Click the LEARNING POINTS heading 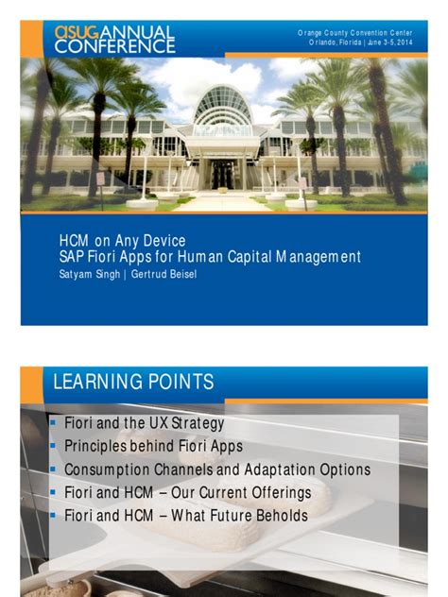[x=133, y=382]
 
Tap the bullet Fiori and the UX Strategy [x=144, y=424]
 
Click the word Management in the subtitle [x=314, y=256]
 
